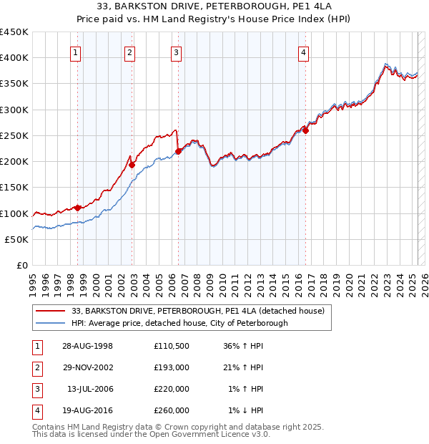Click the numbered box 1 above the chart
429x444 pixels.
pyautogui.click(x=75, y=52)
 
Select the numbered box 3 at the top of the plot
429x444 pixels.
pyautogui.click(x=175, y=52)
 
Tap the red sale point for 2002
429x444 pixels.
pyautogui.click(x=132, y=165)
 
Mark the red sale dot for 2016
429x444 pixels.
pyautogui.click(x=305, y=130)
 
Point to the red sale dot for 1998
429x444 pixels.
pyautogui.click(x=78, y=208)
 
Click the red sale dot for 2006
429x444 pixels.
pyautogui.click(x=178, y=150)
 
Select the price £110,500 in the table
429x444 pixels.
pyautogui.click(x=172, y=346)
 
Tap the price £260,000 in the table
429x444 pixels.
pyautogui.click(x=172, y=410)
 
